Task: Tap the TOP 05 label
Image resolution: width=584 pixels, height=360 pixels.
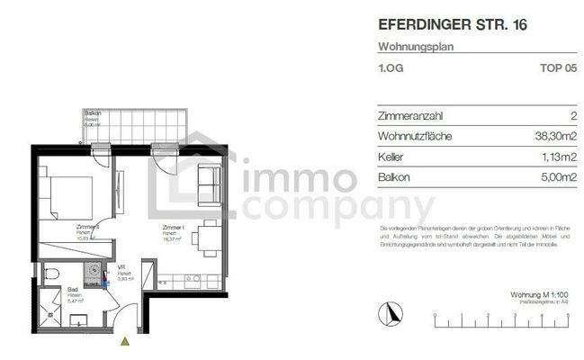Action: tap(557, 67)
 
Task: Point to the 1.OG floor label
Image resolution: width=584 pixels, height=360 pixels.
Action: tap(390, 67)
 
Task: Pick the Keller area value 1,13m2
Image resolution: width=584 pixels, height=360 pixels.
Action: tap(558, 157)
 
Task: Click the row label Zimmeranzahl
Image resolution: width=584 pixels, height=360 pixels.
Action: tap(411, 116)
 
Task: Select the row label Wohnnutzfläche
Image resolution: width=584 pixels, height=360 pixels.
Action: tap(416, 137)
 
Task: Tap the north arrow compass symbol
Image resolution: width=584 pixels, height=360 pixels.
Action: tap(390, 314)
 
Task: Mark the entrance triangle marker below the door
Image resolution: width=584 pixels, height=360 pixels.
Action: tap(124, 340)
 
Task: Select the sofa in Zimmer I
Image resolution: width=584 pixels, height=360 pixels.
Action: tap(209, 184)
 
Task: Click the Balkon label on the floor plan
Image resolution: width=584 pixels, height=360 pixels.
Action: tap(92, 113)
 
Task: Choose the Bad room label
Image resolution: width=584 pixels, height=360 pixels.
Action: tap(72, 291)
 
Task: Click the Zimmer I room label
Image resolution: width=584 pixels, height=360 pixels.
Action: tap(174, 228)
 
